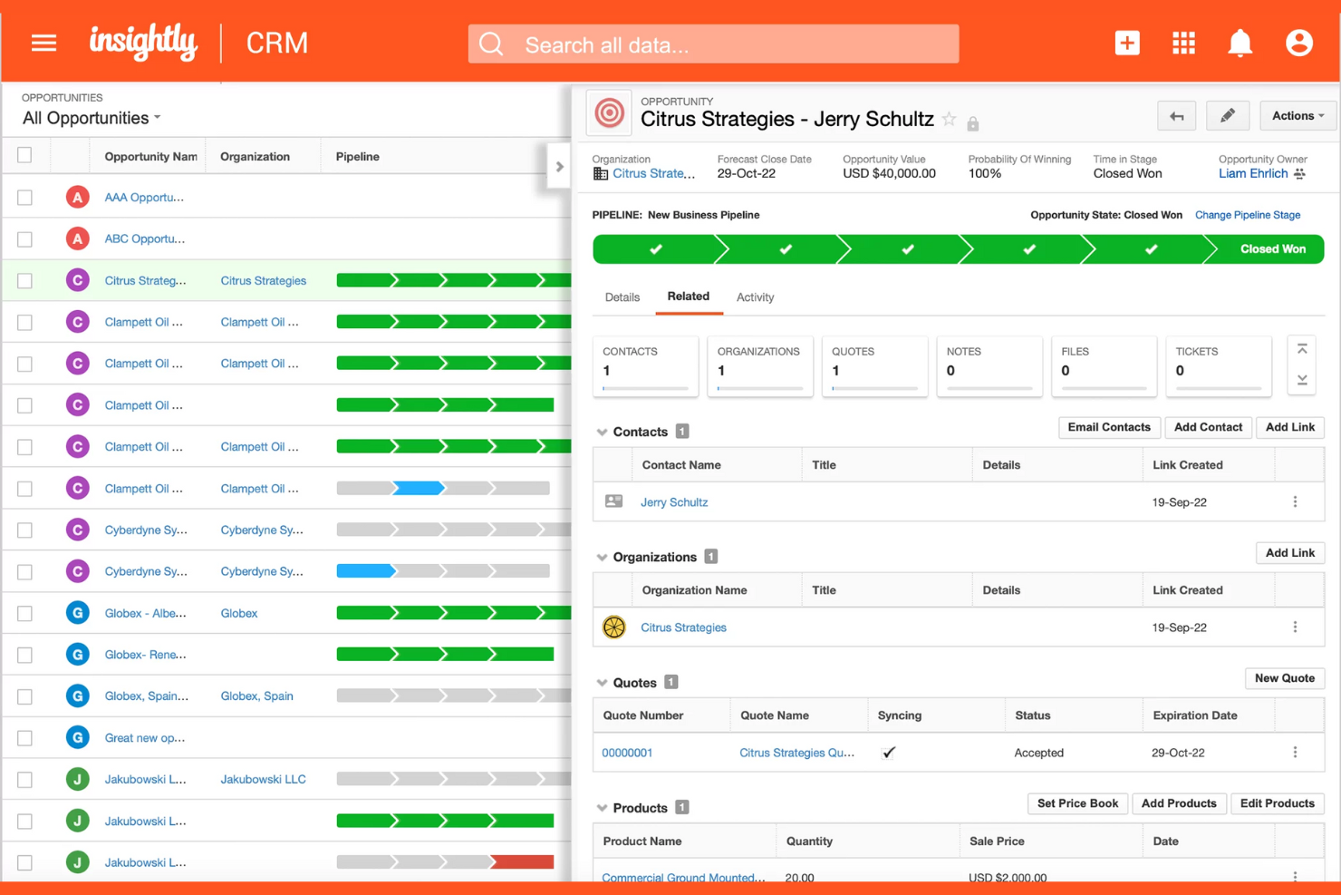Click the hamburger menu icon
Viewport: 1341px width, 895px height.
[43, 43]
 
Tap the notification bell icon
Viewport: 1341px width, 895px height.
[1240, 43]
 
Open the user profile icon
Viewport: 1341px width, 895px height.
[1298, 43]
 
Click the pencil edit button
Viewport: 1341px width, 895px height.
[1227, 116]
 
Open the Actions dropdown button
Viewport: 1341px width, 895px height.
[1297, 116]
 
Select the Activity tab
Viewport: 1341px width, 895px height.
[755, 297]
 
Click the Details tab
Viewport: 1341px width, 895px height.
[622, 297]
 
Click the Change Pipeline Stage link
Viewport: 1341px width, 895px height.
[1247, 215]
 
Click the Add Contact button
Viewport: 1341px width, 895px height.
[1207, 427]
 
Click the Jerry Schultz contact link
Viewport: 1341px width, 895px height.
[673, 502]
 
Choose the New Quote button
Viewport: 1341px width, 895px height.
[1284, 678]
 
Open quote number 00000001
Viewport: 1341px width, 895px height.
[627, 753]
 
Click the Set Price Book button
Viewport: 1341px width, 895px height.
[1076, 803]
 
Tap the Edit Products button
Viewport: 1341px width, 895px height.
[1276, 803]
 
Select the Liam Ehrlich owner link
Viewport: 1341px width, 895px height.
[1252, 174]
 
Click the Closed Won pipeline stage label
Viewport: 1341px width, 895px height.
[1271, 249]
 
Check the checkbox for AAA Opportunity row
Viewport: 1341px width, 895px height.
[25, 198]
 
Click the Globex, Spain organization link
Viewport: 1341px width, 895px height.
[256, 696]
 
